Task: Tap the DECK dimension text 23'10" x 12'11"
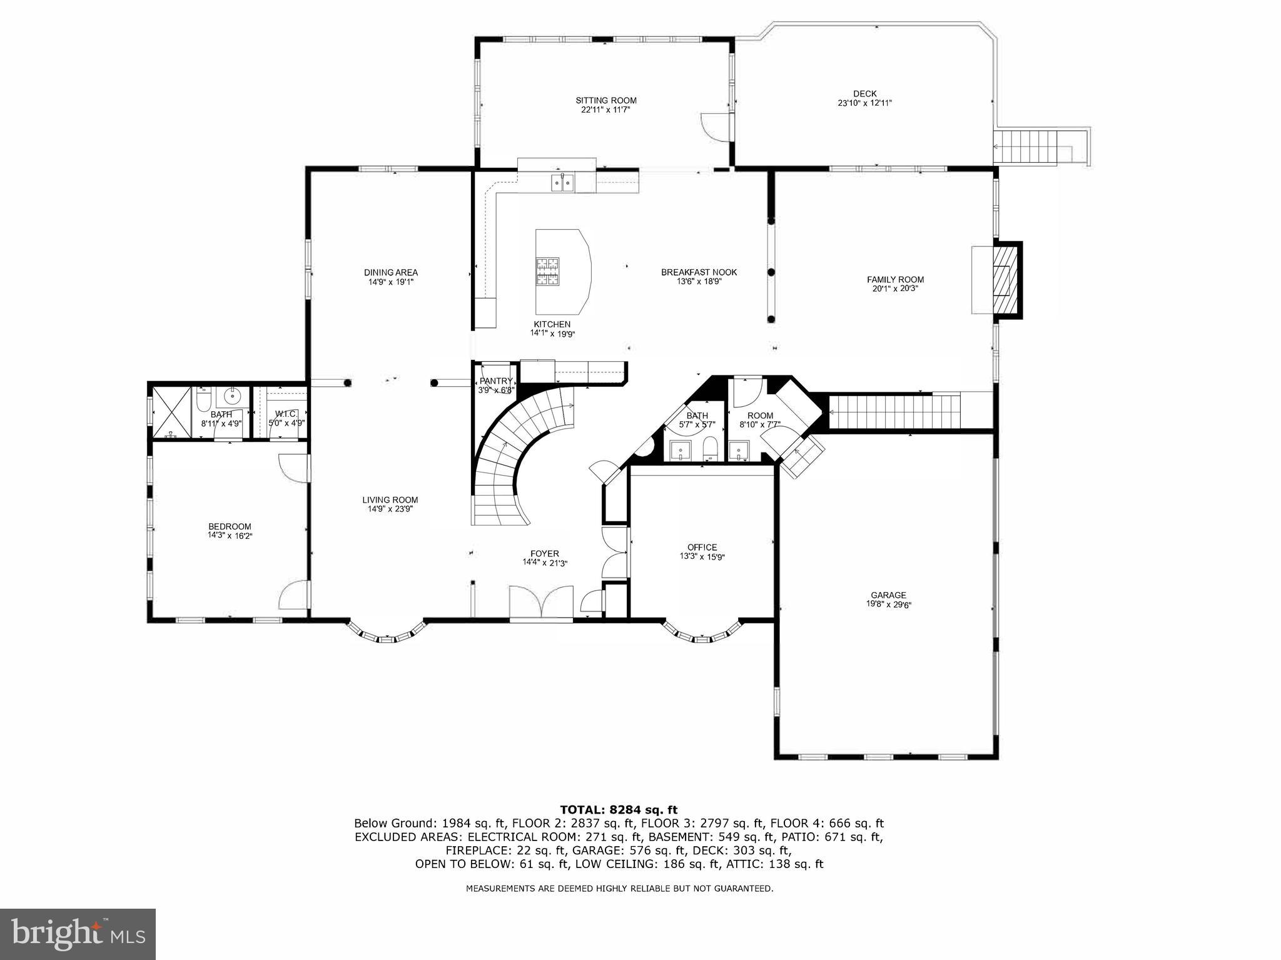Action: point(864,103)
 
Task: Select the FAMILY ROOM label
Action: point(894,280)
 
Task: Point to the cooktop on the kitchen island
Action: point(546,272)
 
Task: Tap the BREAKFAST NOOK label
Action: point(699,272)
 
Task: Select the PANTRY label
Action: point(496,381)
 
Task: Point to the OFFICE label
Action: point(702,547)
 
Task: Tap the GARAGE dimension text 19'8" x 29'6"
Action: point(888,605)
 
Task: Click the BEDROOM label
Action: point(230,526)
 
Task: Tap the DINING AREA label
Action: point(390,272)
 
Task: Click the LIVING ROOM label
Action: point(390,499)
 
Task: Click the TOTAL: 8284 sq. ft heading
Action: point(618,810)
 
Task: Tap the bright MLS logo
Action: point(78,934)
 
